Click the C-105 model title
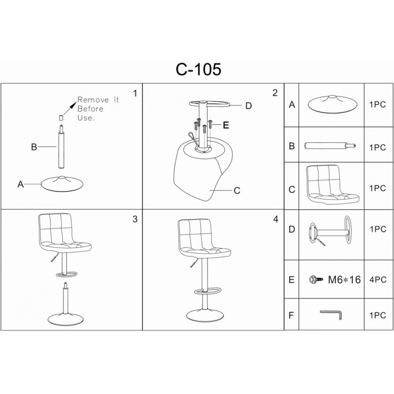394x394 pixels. pyautogui.click(x=198, y=70)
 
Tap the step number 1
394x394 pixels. pyautogui.click(x=135, y=93)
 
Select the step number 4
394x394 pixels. pyautogui.click(x=275, y=220)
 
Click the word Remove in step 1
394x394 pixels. pyautogui.click(x=93, y=100)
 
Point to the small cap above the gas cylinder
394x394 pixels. pyautogui.click(x=61, y=118)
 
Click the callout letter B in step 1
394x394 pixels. pyautogui.click(x=34, y=147)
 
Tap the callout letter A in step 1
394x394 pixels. pyautogui.click(x=21, y=184)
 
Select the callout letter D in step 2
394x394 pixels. pyautogui.click(x=248, y=106)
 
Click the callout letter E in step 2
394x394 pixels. pyautogui.click(x=226, y=125)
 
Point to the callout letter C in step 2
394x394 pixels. pyautogui.click(x=237, y=191)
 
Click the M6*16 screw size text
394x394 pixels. pyautogui.click(x=344, y=279)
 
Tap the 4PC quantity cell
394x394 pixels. pyautogui.click(x=378, y=279)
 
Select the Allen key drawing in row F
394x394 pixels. pyautogui.click(x=331, y=315)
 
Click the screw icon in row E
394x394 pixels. pyautogui.click(x=316, y=279)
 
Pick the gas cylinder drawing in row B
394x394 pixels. pyautogui.click(x=330, y=146)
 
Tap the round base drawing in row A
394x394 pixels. pyautogui.click(x=332, y=104)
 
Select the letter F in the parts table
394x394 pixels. pyautogui.click(x=291, y=315)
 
